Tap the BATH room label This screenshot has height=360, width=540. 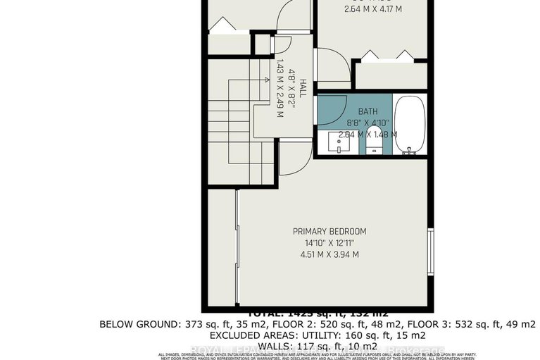(368, 111)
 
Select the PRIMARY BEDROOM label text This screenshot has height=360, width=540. (329, 231)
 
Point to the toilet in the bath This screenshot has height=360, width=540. (374, 145)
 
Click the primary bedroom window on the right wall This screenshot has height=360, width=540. (430, 250)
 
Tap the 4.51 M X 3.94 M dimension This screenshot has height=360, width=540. (329, 255)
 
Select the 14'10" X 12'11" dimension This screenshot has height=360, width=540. (329, 243)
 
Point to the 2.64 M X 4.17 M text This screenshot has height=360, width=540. (372, 9)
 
